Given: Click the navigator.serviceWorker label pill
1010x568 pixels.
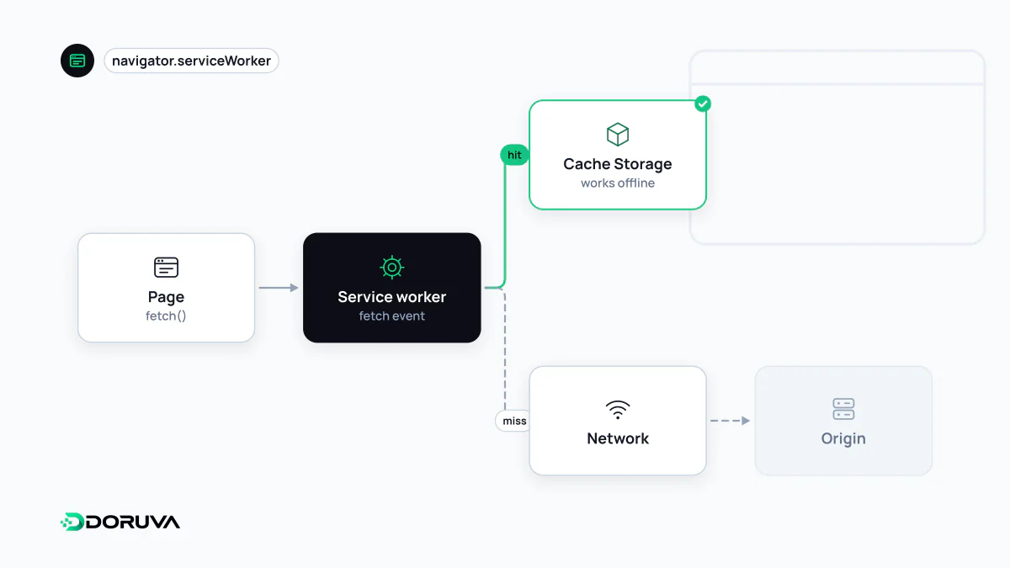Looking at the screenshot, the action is click(x=191, y=61).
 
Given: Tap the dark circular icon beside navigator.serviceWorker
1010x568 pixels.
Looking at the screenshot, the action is click(x=77, y=61).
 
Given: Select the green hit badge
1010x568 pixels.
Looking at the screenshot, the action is click(x=514, y=155).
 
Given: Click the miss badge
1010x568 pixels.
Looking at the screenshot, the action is click(x=514, y=421).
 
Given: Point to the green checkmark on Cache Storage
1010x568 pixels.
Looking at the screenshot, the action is click(x=703, y=104).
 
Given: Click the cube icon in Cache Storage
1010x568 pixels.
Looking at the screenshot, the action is click(x=617, y=135).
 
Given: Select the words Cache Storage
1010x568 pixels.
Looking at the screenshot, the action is click(x=617, y=163).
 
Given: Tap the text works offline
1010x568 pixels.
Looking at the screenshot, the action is click(x=617, y=183).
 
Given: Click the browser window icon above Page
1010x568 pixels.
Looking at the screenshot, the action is click(x=166, y=268).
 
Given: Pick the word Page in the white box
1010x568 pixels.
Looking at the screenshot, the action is click(x=166, y=296).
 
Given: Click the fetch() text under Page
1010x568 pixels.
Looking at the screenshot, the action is click(x=166, y=316).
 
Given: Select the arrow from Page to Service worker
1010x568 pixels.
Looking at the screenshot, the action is click(x=279, y=288).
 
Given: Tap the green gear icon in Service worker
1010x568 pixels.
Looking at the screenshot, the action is click(x=392, y=268).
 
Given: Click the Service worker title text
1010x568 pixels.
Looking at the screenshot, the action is click(x=392, y=296).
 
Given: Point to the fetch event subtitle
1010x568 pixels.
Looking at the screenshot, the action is click(x=392, y=316).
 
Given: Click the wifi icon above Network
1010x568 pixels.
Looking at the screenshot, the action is click(x=617, y=410).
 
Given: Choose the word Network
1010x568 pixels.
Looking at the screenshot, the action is click(x=617, y=438).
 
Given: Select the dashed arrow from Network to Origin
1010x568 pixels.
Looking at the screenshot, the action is click(x=730, y=421).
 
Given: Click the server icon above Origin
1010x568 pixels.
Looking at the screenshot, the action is click(x=843, y=409).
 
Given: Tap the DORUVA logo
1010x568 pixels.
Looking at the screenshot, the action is click(x=120, y=522).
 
